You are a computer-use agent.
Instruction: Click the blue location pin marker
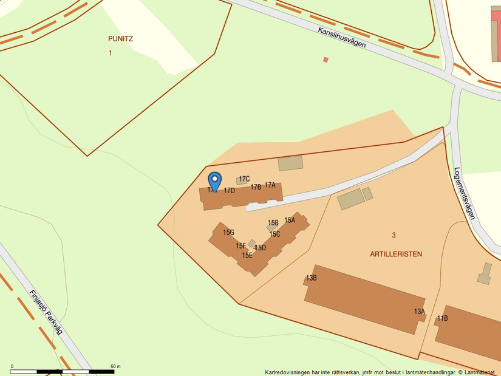point(214,180)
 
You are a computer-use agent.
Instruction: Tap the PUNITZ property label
point(120,39)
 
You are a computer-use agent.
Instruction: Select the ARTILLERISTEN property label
point(396,254)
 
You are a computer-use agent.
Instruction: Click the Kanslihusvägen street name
point(341,38)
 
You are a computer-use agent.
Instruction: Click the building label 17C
point(244,179)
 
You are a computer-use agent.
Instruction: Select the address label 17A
point(270,185)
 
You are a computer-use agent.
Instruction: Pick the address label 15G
point(228,233)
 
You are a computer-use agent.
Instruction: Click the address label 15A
point(290,220)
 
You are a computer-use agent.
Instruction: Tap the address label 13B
point(311,278)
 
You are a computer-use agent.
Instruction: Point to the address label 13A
point(420,312)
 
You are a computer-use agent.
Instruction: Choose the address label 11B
point(442,318)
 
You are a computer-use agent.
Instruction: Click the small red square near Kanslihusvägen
point(325,60)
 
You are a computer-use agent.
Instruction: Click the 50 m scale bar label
point(115,366)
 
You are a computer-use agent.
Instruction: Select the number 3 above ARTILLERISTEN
point(394,235)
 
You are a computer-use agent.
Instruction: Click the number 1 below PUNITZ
point(111,53)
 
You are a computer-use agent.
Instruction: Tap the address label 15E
point(247,256)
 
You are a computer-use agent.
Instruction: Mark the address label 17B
point(256,187)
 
